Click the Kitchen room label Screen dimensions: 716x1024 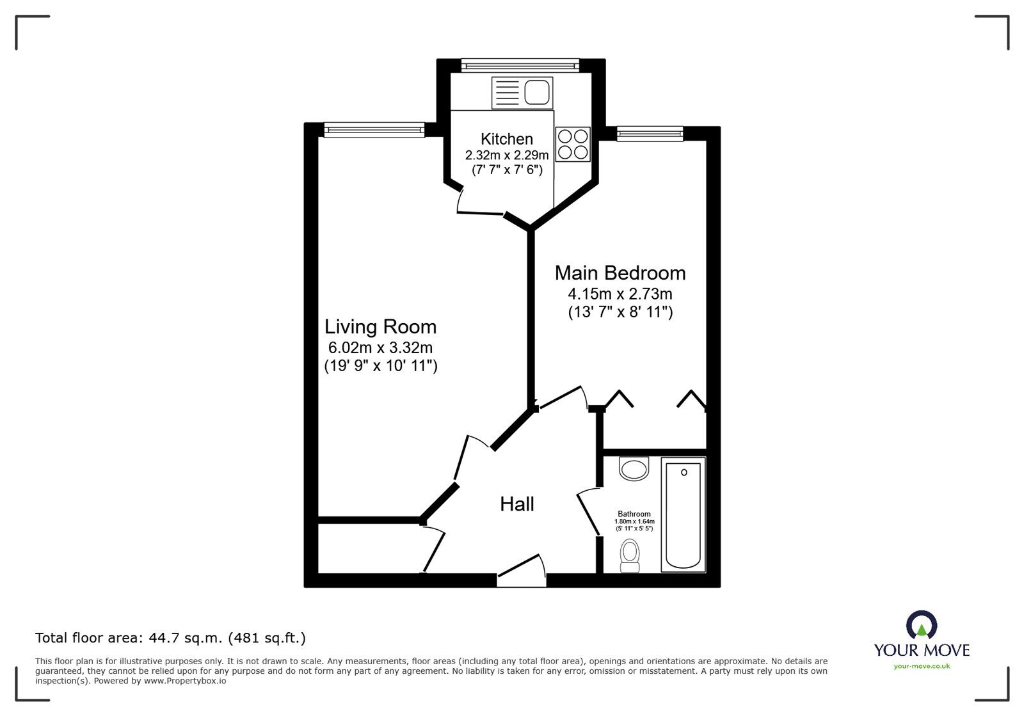(x=506, y=139)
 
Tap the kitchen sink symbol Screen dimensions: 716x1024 (x=521, y=93)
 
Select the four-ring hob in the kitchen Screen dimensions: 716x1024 (x=572, y=144)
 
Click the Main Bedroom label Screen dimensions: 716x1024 (x=620, y=273)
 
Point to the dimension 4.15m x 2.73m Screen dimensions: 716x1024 (x=620, y=294)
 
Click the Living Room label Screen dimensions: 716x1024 (x=380, y=327)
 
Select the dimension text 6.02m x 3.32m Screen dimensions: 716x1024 (x=380, y=348)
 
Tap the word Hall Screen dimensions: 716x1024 (x=516, y=504)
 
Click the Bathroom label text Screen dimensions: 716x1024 (x=634, y=514)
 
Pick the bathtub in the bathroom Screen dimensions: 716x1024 (x=684, y=514)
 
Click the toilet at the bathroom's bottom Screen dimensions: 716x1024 (x=630, y=555)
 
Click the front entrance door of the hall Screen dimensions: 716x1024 (x=522, y=571)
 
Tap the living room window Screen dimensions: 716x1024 (x=374, y=130)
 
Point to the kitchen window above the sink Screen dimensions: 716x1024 (x=520, y=64)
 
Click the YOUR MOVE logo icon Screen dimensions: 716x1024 (x=922, y=625)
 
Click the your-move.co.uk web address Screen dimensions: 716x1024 (x=922, y=666)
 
